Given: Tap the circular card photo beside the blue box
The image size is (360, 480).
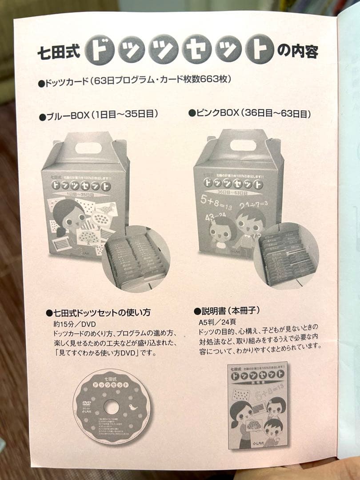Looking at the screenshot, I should click(x=136, y=258).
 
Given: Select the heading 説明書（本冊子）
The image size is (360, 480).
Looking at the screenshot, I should click(x=226, y=310).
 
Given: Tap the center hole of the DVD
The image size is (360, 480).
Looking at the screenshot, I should click(x=112, y=407).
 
